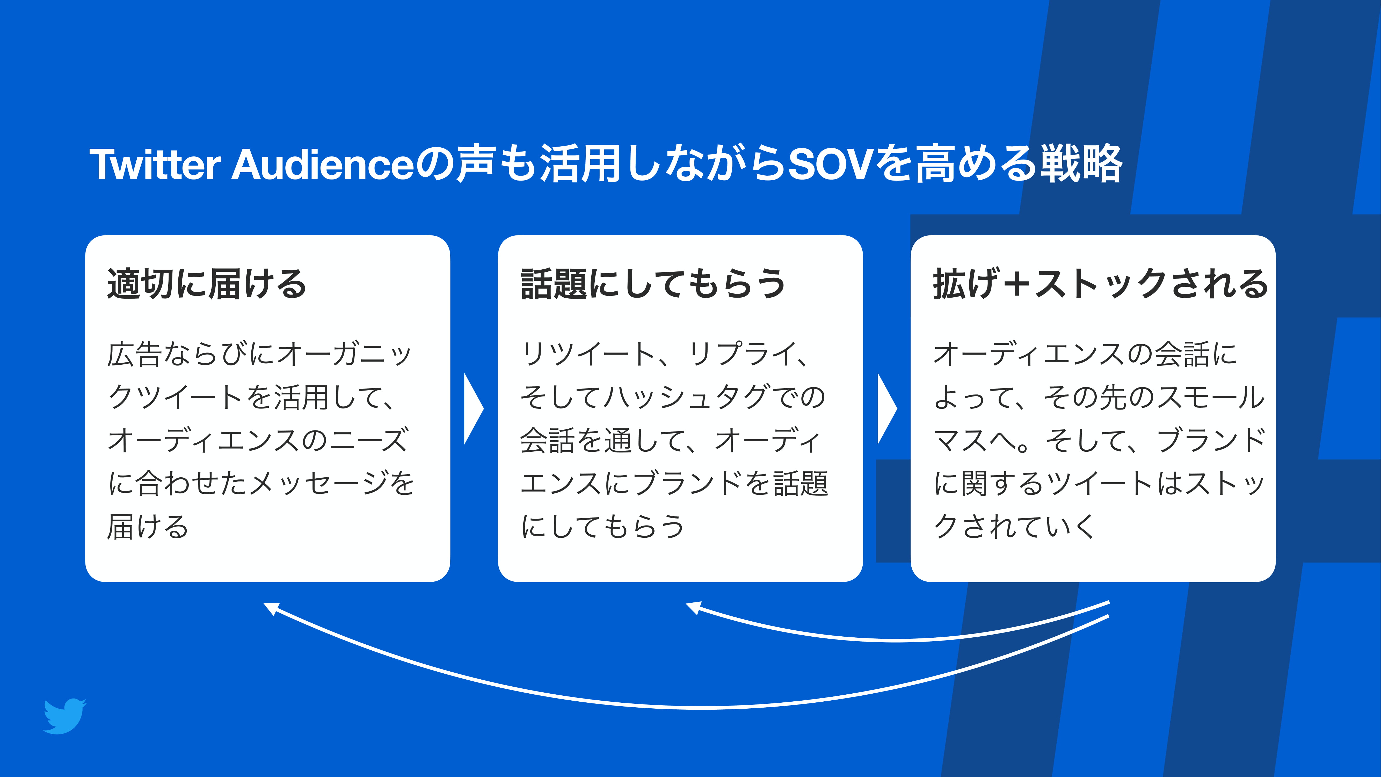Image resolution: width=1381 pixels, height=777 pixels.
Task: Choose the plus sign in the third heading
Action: coord(1017,284)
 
